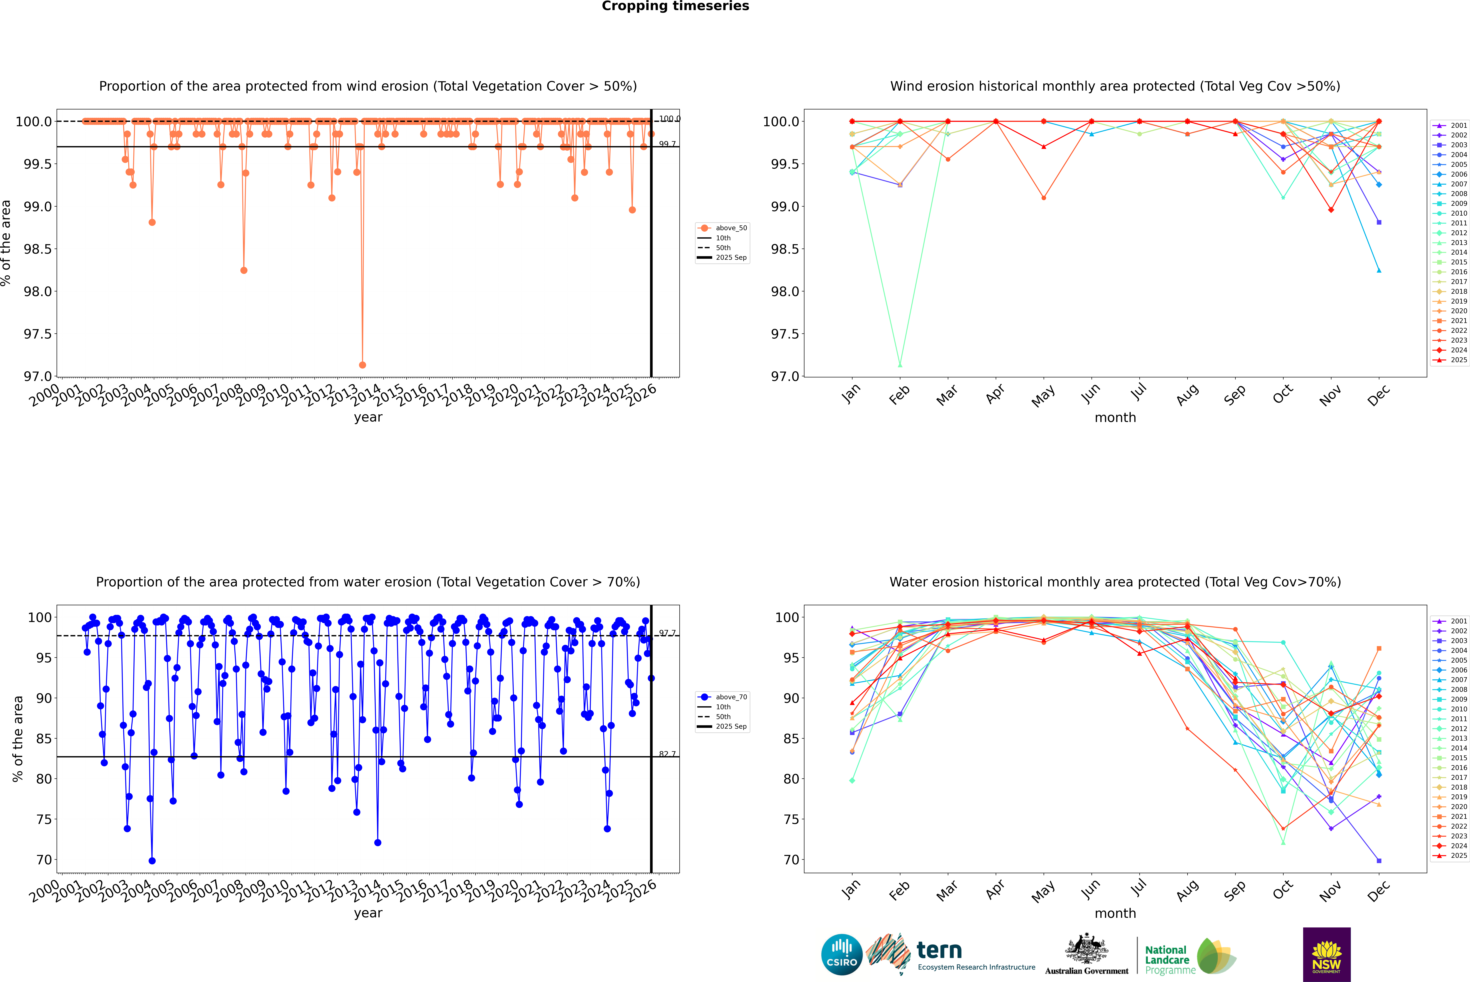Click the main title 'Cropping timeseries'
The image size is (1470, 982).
[675, 6]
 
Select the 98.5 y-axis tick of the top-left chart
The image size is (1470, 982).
[38, 249]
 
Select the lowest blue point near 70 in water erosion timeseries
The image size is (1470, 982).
[152, 860]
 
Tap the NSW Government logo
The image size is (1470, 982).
[1326, 954]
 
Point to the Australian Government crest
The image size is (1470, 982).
[1086, 949]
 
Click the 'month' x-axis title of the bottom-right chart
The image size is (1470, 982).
[1115, 913]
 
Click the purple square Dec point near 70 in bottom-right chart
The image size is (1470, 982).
[1379, 860]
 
